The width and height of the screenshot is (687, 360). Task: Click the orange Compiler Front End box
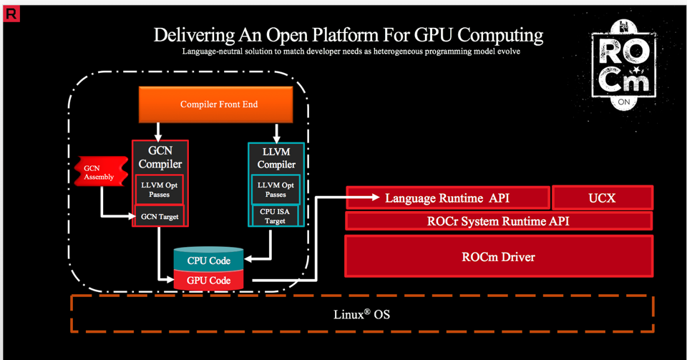click(218, 104)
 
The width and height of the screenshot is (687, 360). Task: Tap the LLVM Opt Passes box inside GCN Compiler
click(160, 190)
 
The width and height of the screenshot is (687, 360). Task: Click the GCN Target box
click(160, 216)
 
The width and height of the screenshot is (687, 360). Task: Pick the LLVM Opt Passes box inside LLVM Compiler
click(276, 190)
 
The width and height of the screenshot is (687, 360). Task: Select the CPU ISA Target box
click(276, 216)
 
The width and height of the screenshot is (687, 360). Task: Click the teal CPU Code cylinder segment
click(208, 261)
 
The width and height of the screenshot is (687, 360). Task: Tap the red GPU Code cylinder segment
click(208, 281)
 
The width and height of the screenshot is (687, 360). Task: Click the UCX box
click(602, 198)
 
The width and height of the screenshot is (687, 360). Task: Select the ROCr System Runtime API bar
click(498, 220)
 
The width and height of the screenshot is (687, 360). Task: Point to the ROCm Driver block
click(498, 256)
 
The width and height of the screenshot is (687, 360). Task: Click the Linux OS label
click(361, 314)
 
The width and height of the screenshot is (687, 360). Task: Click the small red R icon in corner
click(11, 14)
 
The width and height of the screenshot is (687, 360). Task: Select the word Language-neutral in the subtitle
click(211, 52)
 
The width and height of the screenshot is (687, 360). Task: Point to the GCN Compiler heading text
click(160, 157)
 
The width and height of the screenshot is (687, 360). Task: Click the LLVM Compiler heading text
click(276, 158)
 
